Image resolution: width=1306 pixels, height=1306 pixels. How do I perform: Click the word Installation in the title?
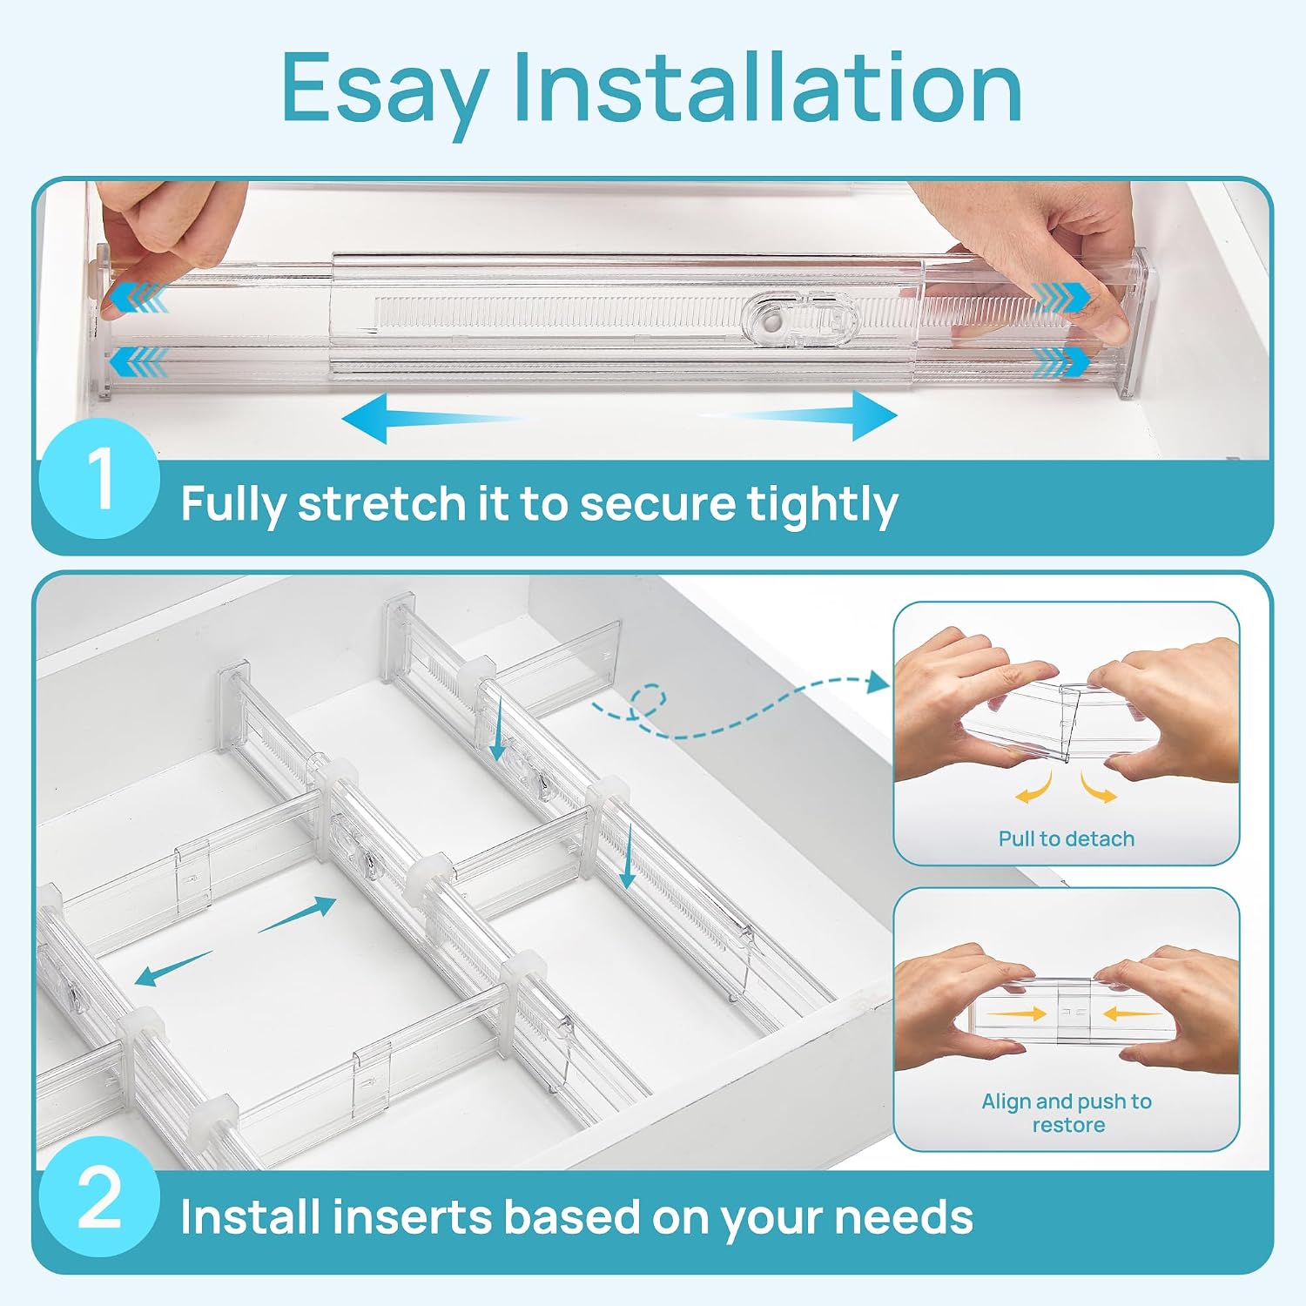point(768,86)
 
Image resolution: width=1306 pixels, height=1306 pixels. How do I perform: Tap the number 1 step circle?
point(99,478)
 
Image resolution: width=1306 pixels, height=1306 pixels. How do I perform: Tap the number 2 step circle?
point(99,1197)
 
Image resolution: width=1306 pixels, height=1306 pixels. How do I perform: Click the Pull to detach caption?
point(1067,838)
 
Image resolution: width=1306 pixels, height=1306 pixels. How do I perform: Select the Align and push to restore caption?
point(1067,1113)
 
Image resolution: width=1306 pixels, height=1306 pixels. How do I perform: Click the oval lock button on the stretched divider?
point(801,319)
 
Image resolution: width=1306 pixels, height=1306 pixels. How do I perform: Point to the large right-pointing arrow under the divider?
point(799,415)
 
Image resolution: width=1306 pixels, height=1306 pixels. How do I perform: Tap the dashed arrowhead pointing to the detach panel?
point(877,683)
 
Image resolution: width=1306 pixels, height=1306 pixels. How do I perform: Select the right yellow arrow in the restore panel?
point(1131,1013)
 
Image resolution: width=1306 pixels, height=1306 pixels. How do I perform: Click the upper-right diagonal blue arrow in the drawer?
point(297,913)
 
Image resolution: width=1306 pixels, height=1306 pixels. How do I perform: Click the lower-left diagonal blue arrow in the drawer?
point(173,969)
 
